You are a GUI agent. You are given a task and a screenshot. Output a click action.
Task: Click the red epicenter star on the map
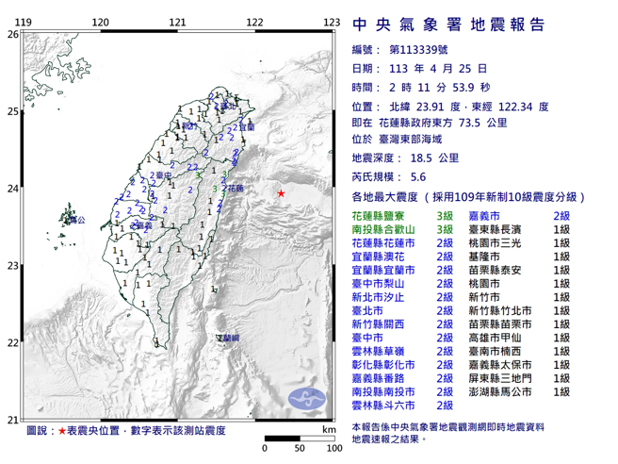click(x=281, y=192)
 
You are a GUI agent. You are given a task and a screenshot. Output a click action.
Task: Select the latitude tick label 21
click(x=11, y=420)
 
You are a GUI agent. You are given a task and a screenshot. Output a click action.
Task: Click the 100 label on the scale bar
click(x=329, y=448)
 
